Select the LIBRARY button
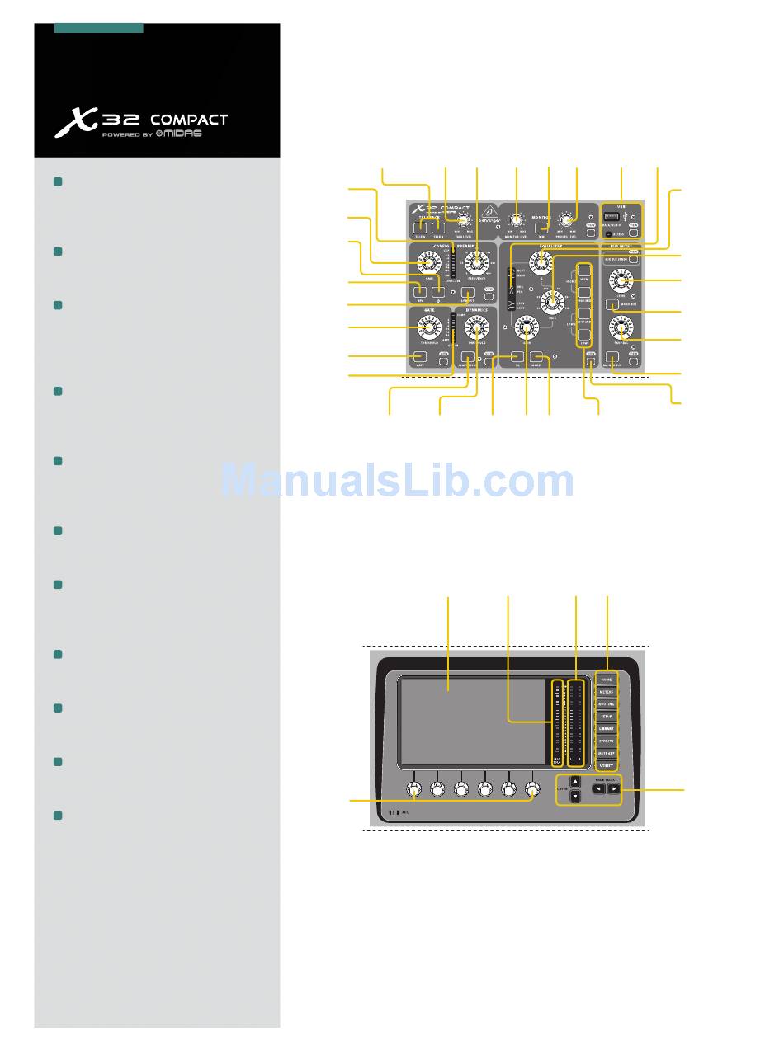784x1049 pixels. pos(607,728)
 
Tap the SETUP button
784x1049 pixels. pos(607,716)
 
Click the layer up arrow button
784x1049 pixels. pos(576,782)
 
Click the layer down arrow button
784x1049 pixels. pos(576,797)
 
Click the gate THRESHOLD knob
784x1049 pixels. pos(428,331)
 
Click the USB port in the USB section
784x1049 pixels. pos(612,217)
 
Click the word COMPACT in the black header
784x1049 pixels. pos(188,120)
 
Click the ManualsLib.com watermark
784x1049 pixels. pos(397,481)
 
